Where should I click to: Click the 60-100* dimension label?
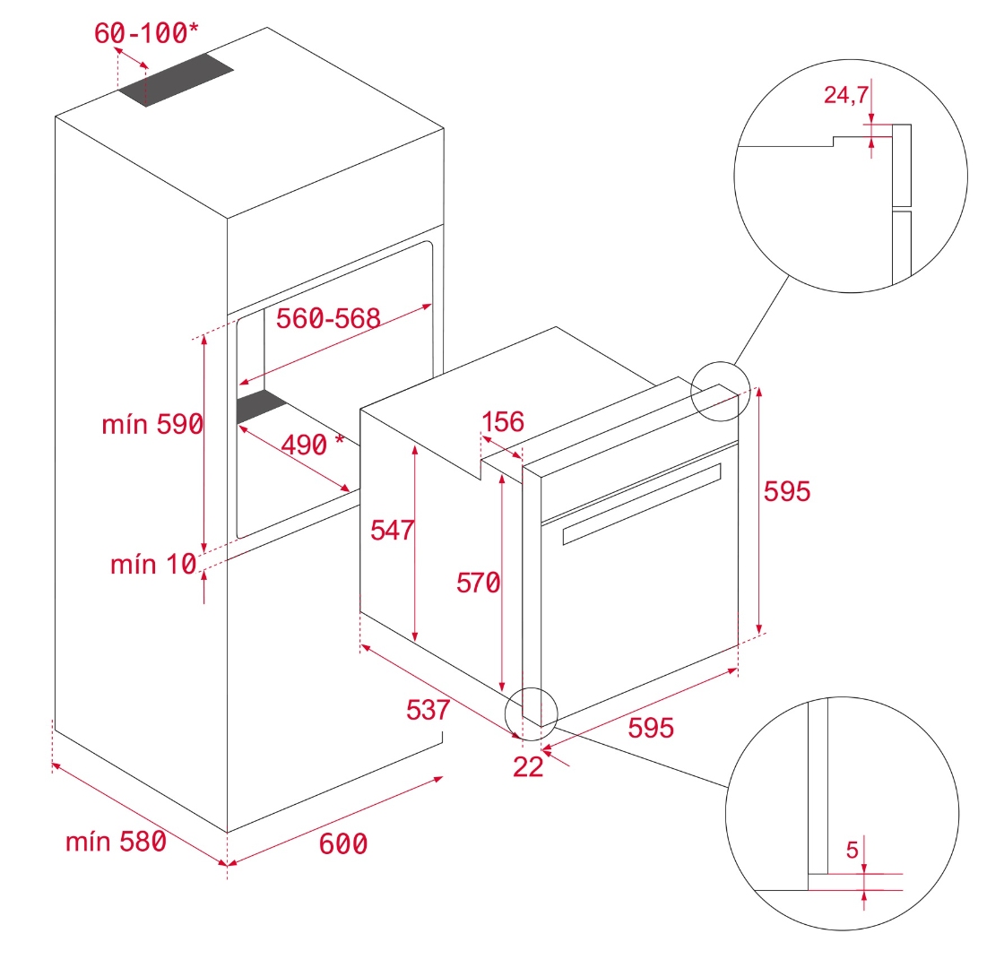[x=146, y=33]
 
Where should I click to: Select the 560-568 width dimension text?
[x=328, y=318]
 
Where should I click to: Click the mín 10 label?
[x=153, y=565]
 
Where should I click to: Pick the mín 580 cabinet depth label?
[x=116, y=842]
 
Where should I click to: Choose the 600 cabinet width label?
[x=342, y=843]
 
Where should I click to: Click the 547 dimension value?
[x=393, y=530]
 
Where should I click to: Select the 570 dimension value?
[x=478, y=583]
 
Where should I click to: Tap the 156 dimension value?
[x=502, y=421]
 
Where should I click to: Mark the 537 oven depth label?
[x=428, y=710]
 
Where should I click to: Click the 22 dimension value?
[x=529, y=767]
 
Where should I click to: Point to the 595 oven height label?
[x=787, y=491]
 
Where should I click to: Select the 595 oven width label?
[x=650, y=728]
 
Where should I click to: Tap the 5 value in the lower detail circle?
[x=853, y=848]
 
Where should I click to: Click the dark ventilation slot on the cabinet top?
[x=177, y=80]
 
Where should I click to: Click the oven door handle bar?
[x=642, y=503]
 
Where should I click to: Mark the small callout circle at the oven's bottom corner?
[x=531, y=713]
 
